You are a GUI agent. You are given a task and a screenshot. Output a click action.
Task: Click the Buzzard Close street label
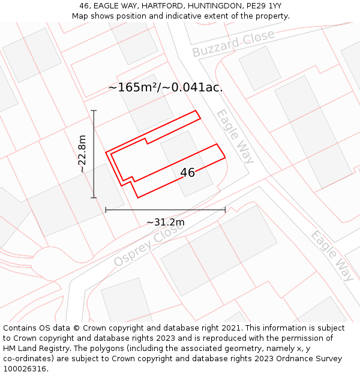(x=233, y=43)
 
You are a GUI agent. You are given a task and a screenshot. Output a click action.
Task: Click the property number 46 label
(x=187, y=173)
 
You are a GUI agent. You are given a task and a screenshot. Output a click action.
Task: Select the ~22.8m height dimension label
(x=83, y=154)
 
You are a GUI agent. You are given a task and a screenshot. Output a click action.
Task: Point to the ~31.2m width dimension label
(x=166, y=223)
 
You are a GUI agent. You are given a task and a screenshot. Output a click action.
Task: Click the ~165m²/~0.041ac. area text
(x=166, y=88)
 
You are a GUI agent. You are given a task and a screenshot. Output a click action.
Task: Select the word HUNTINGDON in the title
(x=212, y=6)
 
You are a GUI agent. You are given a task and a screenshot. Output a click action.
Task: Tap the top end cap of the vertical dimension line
(x=94, y=111)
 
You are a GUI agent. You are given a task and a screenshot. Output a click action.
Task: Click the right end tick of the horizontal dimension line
(x=225, y=210)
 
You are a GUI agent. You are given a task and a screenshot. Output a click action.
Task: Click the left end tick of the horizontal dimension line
(x=106, y=210)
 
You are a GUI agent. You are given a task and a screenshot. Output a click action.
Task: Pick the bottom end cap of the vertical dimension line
(x=94, y=197)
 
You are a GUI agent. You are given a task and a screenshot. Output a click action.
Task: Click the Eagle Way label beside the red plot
(x=235, y=136)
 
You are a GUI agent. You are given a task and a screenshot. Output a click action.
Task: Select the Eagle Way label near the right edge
(x=332, y=256)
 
